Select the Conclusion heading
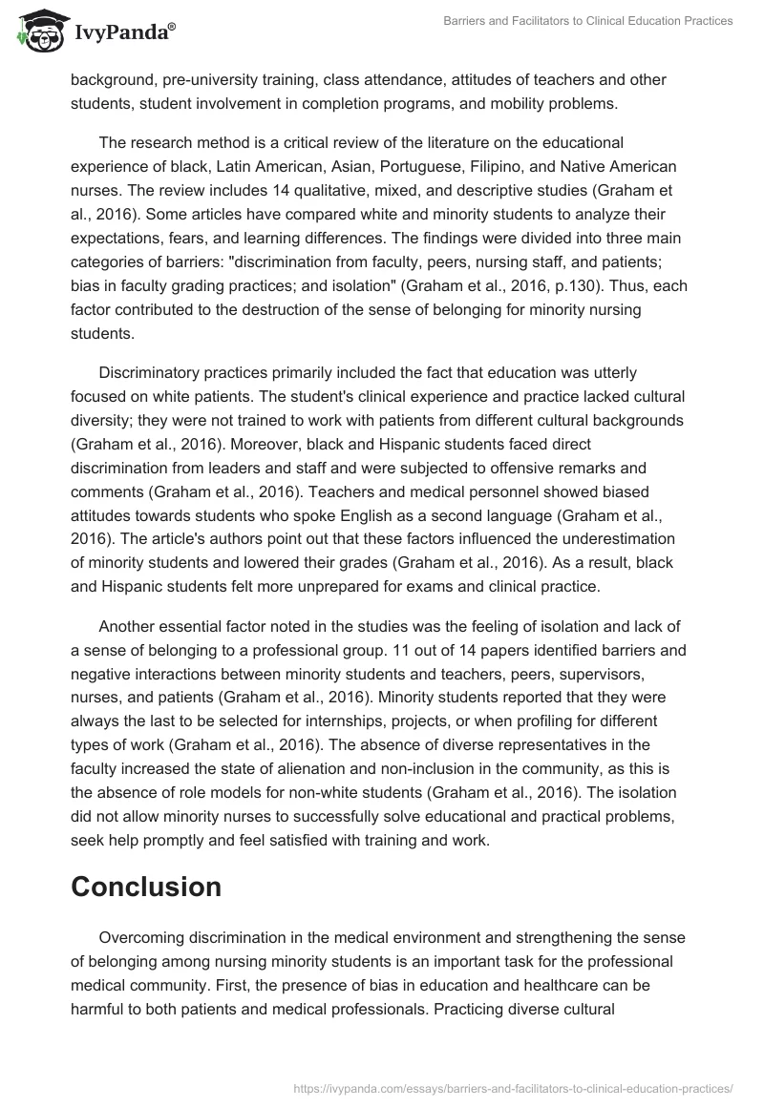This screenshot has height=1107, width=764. pyautogui.click(x=146, y=887)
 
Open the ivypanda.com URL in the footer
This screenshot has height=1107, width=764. pyautogui.click(x=517, y=1087)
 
